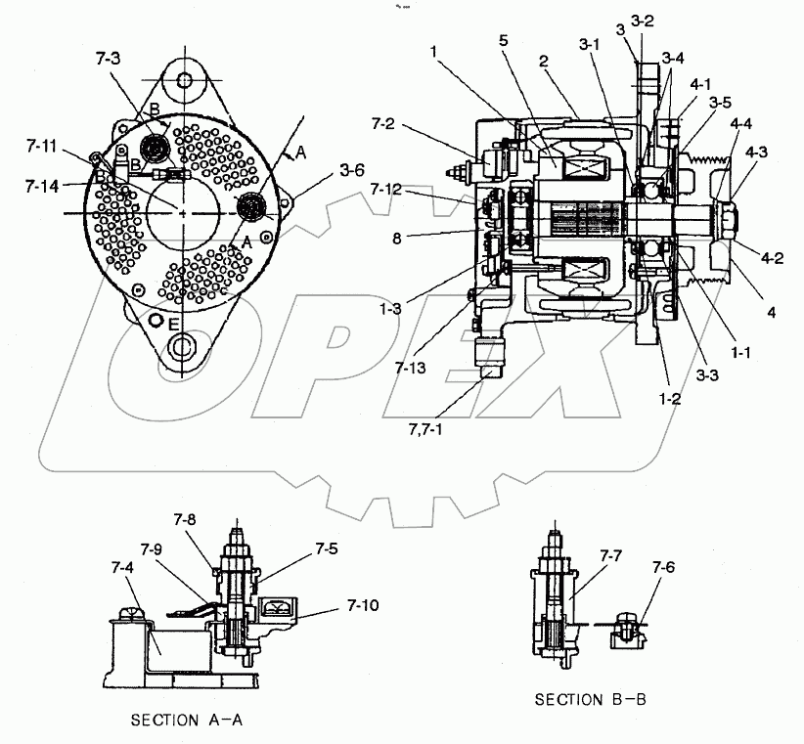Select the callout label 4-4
740,123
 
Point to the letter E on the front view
173,324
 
